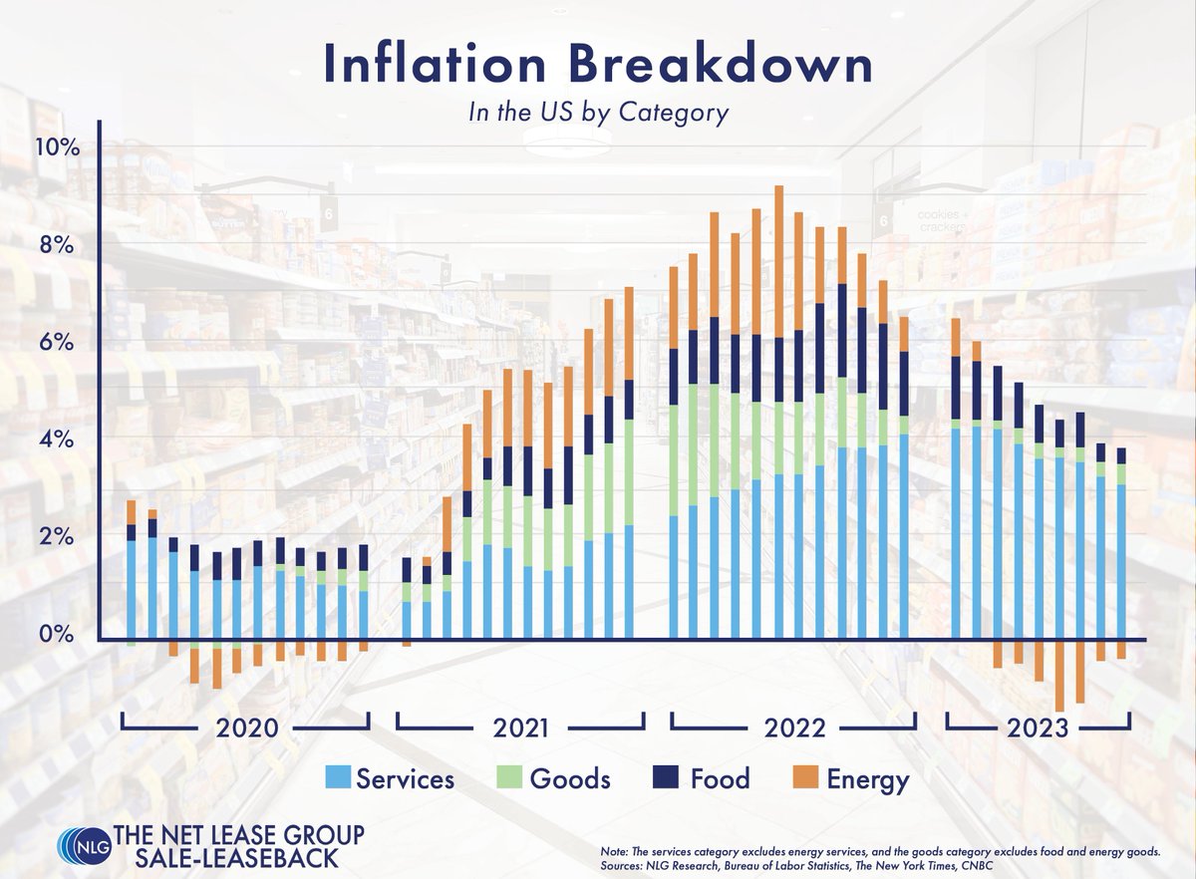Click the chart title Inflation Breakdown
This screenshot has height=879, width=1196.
597,64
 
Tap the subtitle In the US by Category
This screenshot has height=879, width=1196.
598,113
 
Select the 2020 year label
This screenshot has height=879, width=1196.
246,728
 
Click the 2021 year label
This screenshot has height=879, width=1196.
520,728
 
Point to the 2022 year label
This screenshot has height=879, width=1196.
794,728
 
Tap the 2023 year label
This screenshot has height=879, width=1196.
1039,728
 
